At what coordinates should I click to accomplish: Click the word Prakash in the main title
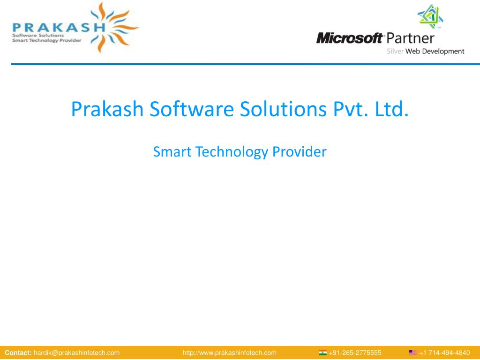(107, 109)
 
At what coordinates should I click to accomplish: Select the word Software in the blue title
(192, 109)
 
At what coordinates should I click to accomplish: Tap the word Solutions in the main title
(283, 109)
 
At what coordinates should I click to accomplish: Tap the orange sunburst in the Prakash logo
(115, 28)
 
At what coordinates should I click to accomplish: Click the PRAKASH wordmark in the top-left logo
(59, 27)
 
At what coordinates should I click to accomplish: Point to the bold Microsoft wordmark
(350, 38)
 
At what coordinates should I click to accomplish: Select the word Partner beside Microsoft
(410, 38)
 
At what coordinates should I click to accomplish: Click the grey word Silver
(395, 51)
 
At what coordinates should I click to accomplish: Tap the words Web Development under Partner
(435, 52)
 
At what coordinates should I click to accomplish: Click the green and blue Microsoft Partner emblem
(430, 16)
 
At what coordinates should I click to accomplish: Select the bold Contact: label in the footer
(18, 352)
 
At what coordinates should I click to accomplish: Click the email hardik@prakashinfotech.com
(76, 353)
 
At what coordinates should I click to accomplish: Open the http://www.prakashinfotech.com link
(230, 353)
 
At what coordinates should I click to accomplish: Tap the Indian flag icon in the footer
(322, 352)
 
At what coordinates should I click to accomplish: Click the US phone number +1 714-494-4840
(444, 352)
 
